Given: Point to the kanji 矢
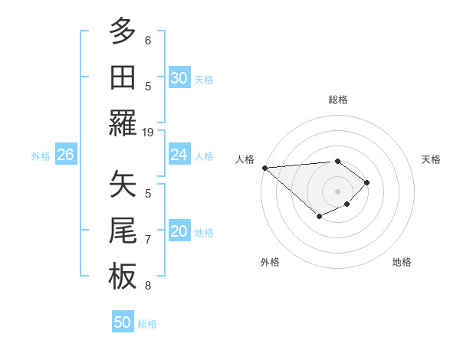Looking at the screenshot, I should point(123,184).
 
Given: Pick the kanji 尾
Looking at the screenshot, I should point(123,229).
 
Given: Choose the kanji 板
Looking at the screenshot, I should point(123,275).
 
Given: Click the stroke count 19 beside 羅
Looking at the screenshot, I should point(148,132).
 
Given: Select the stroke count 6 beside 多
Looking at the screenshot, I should point(148,41).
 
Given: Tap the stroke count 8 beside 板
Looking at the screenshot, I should point(148,286).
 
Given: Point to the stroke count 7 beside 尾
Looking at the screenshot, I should point(148,240).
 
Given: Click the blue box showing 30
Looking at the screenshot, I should point(179,78).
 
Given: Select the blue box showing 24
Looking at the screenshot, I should point(179,155).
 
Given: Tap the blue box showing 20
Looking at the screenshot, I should point(179,232).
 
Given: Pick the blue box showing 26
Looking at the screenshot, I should point(65,155).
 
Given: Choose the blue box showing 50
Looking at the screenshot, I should point(123,322).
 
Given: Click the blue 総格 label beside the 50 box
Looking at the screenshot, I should point(147,324).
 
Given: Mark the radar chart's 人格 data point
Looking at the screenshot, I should point(264,168).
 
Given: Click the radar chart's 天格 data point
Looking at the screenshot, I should point(367,182).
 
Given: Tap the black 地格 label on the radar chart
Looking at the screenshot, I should point(402,263).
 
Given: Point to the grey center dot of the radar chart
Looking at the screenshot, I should point(337,191).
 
